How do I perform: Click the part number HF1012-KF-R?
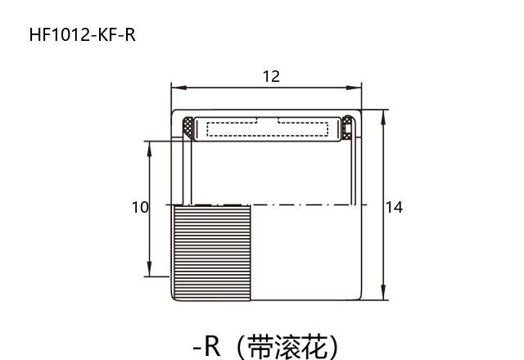click(82, 34)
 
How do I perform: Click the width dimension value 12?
click(271, 76)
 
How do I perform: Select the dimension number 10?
click(140, 207)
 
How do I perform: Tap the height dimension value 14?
click(394, 207)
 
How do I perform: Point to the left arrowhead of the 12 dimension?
click(175, 86)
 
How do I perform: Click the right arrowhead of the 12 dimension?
click(357, 86)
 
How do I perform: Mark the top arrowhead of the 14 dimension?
click(384, 114)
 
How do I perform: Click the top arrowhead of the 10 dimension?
click(149, 146)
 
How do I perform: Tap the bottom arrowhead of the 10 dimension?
click(149, 272)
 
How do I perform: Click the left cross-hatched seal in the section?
click(189, 128)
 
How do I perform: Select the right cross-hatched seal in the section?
click(347, 128)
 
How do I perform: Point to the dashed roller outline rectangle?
click(268, 128)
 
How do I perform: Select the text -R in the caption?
click(207, 346)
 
